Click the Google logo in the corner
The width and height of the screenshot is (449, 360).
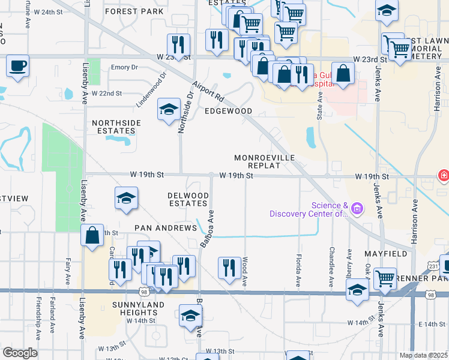pos(20,353)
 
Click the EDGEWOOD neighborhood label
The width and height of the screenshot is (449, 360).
pos(228,111)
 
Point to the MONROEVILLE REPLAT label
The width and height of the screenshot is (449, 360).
pos(265,162)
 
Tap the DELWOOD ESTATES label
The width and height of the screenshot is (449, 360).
pos(188,200)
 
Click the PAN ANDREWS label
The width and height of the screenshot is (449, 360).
pos(166,228)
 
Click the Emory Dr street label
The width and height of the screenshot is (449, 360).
pos(124,68)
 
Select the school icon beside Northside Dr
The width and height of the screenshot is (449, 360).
pos(169,109)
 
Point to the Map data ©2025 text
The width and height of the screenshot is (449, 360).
pos(423,355)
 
